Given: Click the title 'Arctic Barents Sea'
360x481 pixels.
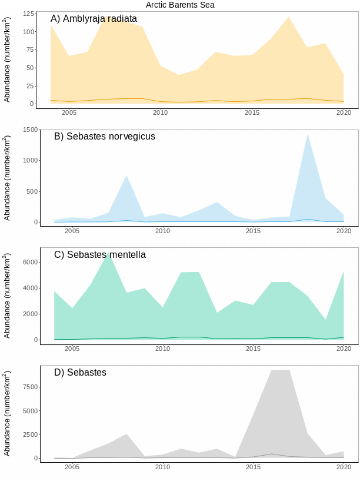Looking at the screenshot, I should click(x=180, y=5).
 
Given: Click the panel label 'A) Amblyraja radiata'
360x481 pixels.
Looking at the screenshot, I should click(x=94, y=19).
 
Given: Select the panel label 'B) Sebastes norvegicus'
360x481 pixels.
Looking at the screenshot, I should click(x=105, y=137).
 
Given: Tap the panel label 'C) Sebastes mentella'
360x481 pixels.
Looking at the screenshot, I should click(x=100, y=255).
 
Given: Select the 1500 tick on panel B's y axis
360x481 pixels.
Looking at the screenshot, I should click(x=29, y=130).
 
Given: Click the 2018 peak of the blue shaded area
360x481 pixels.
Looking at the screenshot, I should click(x=307, y=135).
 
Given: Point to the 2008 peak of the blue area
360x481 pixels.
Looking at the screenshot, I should click(x=126, y=175).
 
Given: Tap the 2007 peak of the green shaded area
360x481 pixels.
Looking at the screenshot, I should click(x=108, y=253).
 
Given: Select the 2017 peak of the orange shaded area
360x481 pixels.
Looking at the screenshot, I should click(x=289, y=18).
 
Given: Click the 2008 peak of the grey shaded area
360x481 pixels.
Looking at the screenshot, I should click(x=126, y=434).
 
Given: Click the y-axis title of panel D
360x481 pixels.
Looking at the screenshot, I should click(x=7, y=413).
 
